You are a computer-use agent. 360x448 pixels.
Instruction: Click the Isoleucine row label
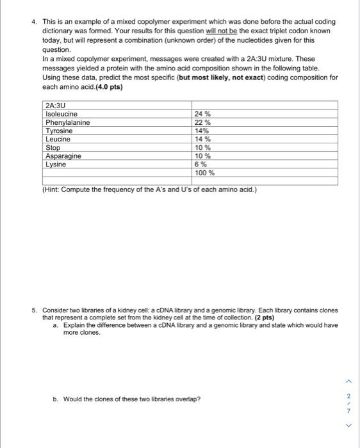tap(61, 114)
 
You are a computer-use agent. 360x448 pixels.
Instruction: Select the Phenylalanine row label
tap(68, 122)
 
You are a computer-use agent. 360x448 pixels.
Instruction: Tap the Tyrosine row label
tap(59, 131)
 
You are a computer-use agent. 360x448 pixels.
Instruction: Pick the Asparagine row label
tap(63, 156)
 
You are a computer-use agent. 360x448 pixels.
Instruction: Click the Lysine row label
tap(56, 164)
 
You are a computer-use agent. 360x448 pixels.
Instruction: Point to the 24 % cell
tap(203, 114)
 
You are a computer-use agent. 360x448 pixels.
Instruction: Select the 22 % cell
tap(203, 122)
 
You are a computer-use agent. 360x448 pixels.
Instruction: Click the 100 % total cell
tap(205, 172)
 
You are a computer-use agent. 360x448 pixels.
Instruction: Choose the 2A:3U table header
tap(56, 106)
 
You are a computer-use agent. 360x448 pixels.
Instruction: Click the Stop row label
tap(53, 147)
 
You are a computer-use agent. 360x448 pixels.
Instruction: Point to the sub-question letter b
tap(56, 399)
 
